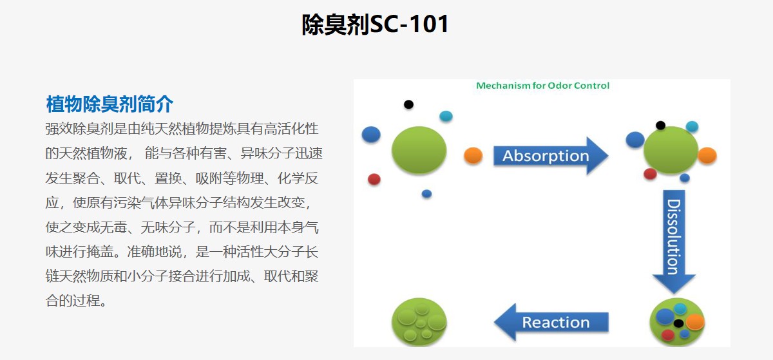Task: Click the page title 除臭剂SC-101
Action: [x=375, y=24]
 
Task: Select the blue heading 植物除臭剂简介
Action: [x=110, y=104]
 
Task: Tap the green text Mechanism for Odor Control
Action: [x=543, y=86]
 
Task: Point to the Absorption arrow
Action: [x=551, y=156]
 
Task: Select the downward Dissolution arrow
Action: [x=674, y=242]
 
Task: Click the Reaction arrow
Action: [x=551, y=322]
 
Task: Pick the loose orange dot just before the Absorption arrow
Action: [x=473, y=155]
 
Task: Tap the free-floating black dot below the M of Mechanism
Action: [x=408, y=104]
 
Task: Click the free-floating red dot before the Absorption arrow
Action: [x=374, y=179]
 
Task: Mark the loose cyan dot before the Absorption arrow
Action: [x=446, y=116]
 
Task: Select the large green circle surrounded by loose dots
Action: [x=419, y=150]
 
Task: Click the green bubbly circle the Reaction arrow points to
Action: [x=419, y=322]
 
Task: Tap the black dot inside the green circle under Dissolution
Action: [x=678, y=323]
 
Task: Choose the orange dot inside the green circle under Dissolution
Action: [x=695, y=321]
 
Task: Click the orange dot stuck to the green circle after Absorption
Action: [x=707, y=155]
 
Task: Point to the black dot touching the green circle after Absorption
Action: [x=660, y=126]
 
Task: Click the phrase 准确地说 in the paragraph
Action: [x=154, y=252]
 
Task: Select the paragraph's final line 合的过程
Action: [x=76, y=301]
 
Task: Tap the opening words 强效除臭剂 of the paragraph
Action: [x=79, y=129]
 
